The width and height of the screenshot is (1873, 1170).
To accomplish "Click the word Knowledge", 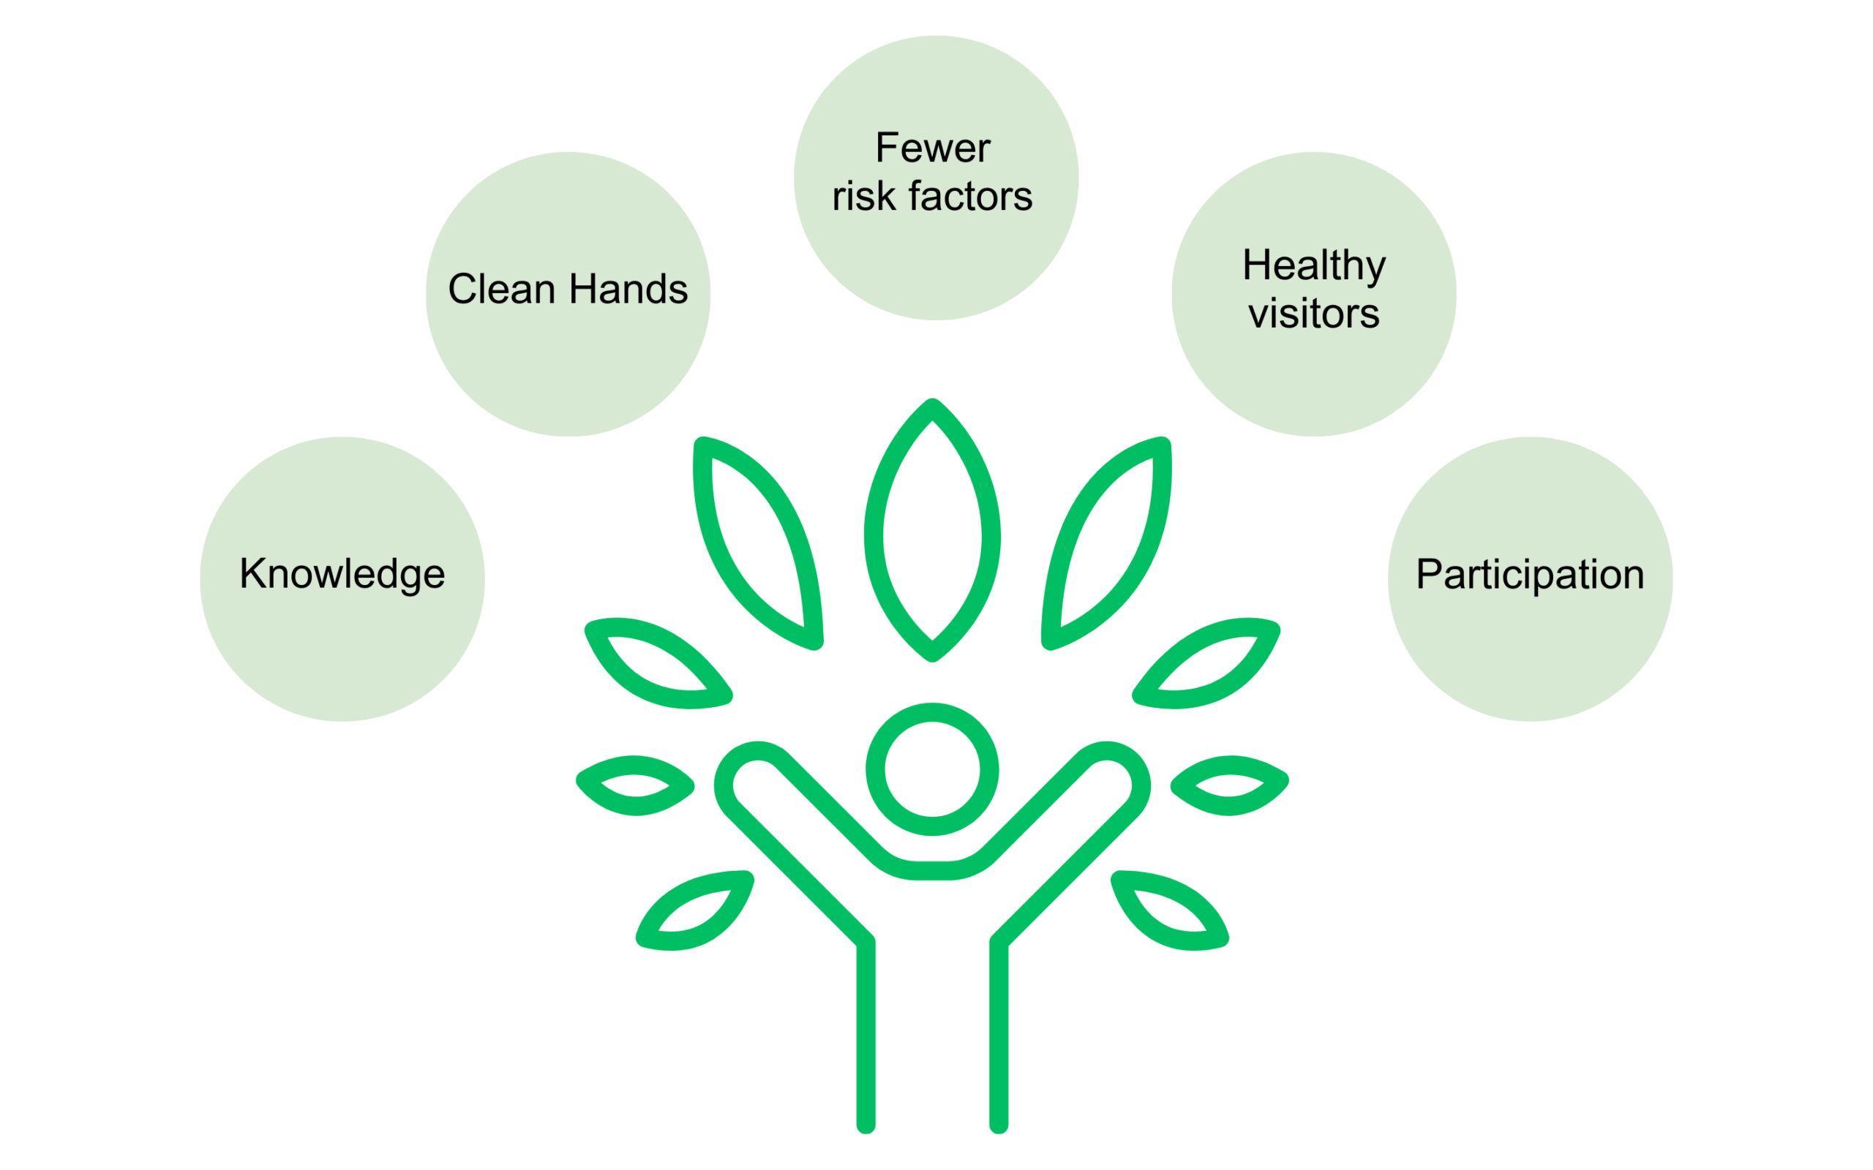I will [342, 575].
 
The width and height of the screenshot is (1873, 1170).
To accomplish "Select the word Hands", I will [628, 290].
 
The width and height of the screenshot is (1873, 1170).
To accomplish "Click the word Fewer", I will [933, 148].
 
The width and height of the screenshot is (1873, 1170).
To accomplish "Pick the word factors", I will [971, 197].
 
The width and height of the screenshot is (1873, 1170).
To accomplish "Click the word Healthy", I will [1313, 266].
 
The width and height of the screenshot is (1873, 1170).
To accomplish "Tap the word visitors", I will [1313, 314].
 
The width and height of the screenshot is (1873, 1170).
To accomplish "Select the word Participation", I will [1529, 575].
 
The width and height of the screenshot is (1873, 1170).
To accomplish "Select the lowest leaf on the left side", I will [694, 911].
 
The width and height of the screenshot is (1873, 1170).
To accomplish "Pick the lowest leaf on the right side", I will [1169, 911].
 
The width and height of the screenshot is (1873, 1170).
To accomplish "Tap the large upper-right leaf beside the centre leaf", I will [1107, 542].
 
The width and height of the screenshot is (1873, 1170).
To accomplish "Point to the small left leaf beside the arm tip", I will [635, 785].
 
